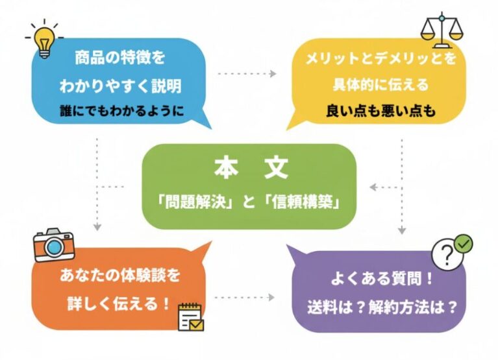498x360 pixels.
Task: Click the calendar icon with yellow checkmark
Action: coord(190,316)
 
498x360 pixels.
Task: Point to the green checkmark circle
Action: coord(464,244)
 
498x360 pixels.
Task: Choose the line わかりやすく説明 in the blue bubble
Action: coord(121,85)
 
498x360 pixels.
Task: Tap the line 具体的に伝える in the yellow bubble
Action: coord(377,85)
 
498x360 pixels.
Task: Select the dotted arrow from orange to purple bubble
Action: coord(245,298)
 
